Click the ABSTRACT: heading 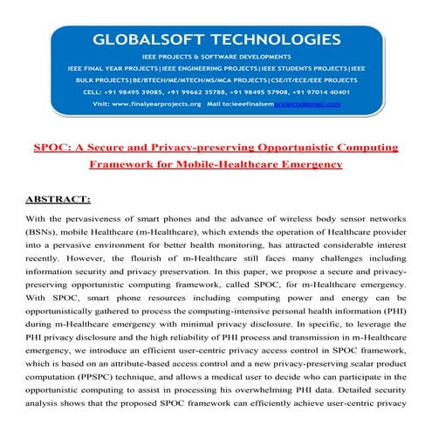pyautogui.click(x=59, y=200)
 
